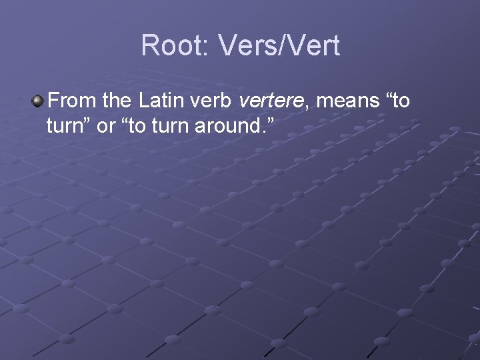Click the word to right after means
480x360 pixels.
(x=399, y=101)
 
